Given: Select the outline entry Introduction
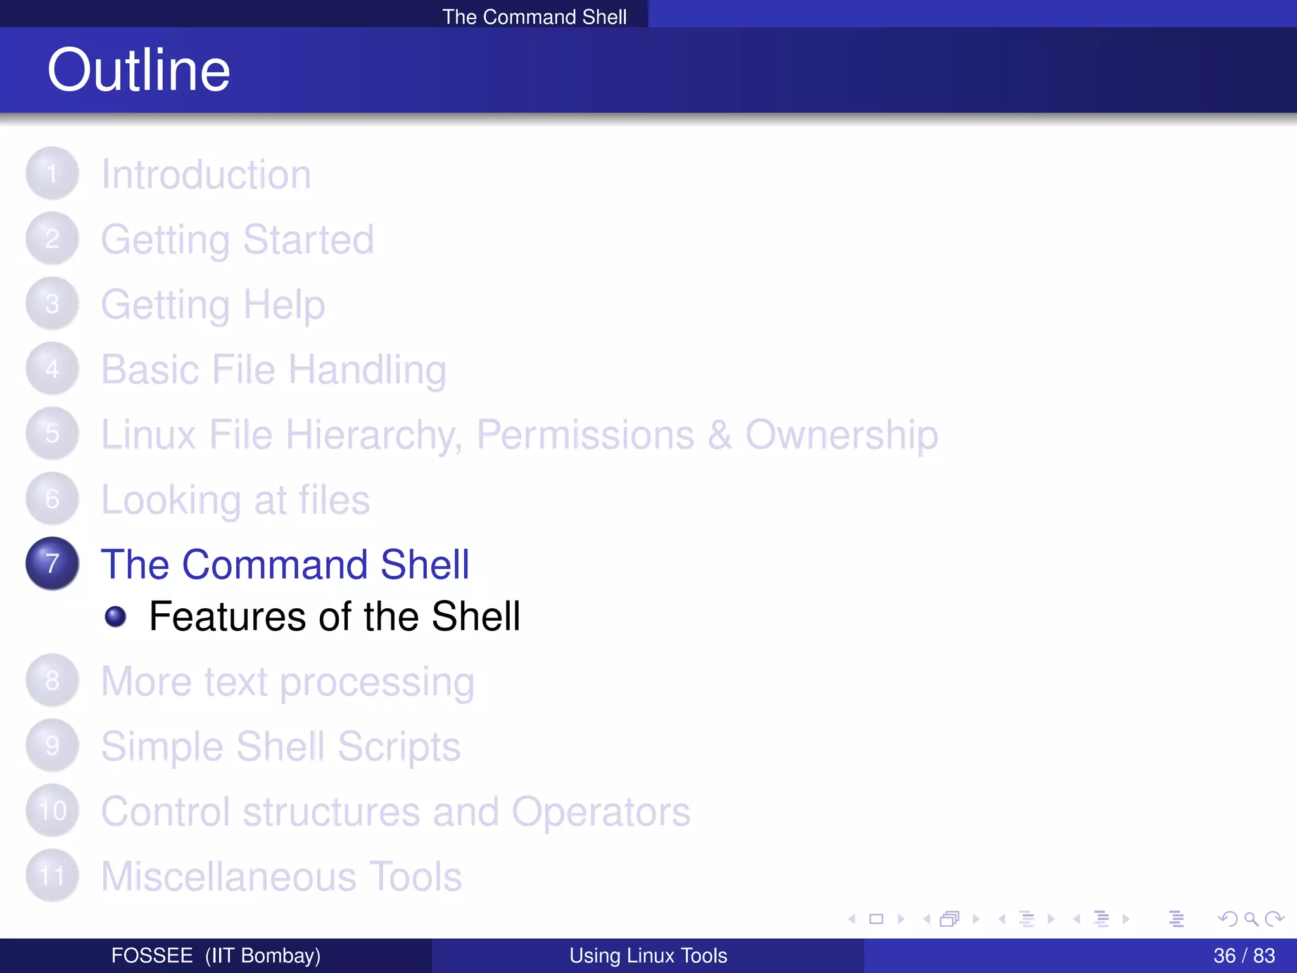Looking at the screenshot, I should point(206,174).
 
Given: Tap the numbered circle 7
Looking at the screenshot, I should point(53,563).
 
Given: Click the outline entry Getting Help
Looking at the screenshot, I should point(213,305).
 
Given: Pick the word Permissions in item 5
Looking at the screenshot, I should point(585,435).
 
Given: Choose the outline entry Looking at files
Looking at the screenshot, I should point(235,500).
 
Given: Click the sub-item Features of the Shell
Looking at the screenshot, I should point(334,616).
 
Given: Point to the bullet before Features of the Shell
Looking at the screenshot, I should point(115,616).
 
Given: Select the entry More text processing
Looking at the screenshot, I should point(288,682).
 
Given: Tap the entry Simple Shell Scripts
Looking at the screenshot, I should point(281,747).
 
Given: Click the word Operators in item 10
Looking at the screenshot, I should point(600,811).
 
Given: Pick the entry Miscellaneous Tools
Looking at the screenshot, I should point(281,877).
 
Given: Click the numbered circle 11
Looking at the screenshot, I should point(53,876).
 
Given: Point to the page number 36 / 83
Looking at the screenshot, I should point(1244,955).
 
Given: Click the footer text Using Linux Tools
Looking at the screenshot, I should point(648,955).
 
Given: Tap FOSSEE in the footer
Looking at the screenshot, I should point(152,955).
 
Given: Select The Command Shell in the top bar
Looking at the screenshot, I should point(534,16).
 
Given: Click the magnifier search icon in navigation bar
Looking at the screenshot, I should point(1251,919).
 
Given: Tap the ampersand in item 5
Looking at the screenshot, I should point(719,435).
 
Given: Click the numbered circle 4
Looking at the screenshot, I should point(53,369).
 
